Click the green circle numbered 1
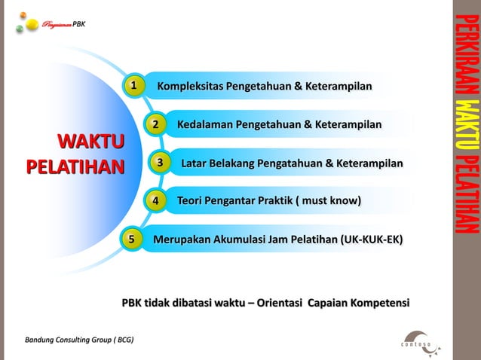pos(133,87)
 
